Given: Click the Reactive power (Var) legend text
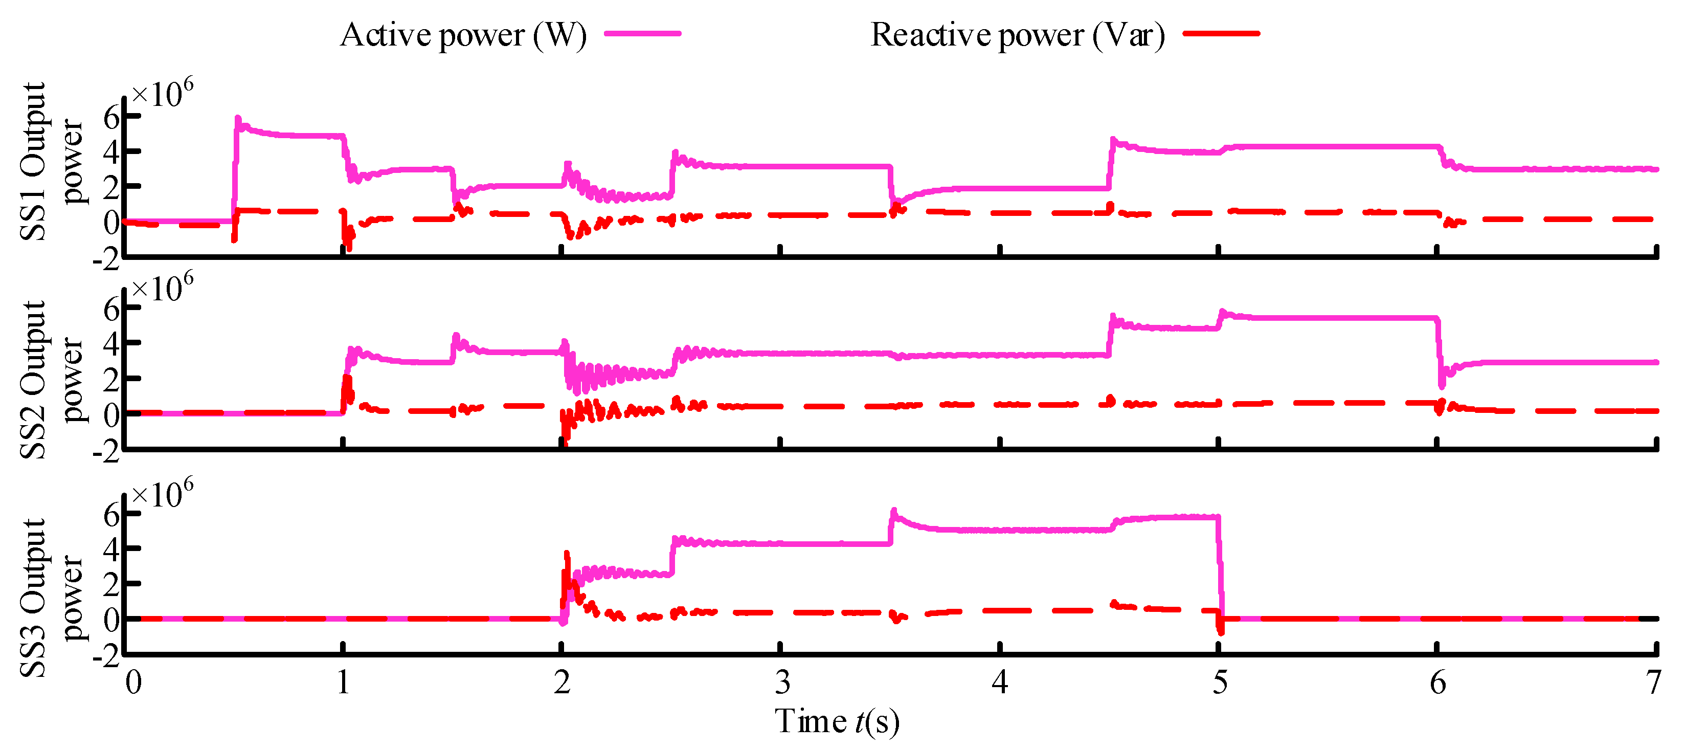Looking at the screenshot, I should click(x=1017, y=35).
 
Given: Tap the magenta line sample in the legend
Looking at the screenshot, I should click(x=642, y=33).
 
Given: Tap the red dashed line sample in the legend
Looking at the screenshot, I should click(x=1221, y=33).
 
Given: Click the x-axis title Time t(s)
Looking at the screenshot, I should click(x=837, y=721).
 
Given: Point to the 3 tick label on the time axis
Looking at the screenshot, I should click(x=782, y=683).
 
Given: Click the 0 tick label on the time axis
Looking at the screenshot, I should click(x=133, y=683).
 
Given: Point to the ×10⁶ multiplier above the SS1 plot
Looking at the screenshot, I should click(x=162, y=93).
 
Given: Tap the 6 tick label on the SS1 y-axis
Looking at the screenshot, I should click(x=112, y=118).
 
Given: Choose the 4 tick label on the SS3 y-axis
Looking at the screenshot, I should click(x=112, y=548).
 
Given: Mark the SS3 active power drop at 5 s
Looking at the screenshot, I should click(x=1220, y=569).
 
